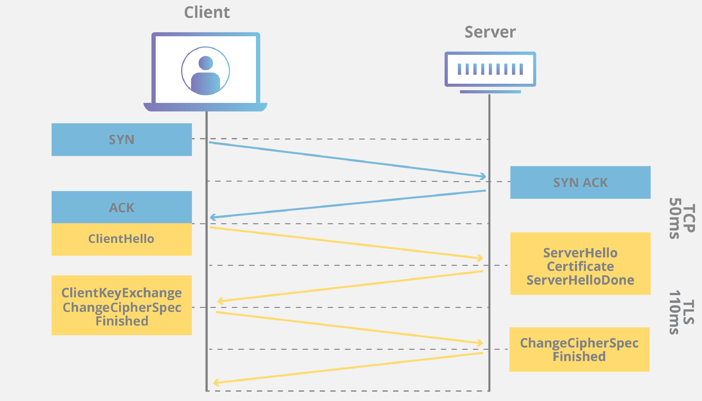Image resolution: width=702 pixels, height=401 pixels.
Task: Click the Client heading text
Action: pos(207,13)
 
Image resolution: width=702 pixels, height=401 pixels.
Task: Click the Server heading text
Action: pos(490,32)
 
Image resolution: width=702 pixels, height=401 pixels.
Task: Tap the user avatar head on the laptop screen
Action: pos(205,63)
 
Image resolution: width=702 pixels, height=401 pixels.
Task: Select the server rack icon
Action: pos(490,70)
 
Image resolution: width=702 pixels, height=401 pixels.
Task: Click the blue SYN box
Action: pos(121,140)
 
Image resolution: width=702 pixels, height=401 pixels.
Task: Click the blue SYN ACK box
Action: pos(580,183)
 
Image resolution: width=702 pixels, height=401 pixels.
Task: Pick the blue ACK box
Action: pos(121,207)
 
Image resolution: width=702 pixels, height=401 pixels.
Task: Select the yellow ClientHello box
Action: pos(121,239)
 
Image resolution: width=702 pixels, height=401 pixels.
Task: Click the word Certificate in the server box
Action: pos(580,267)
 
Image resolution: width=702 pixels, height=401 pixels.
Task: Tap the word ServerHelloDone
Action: pos(580,280)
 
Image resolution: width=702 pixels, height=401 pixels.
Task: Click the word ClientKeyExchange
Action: pos(121,293)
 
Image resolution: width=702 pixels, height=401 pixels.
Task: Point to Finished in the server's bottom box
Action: pos(579,356)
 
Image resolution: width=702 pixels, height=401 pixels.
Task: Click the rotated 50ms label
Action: pos(676,219)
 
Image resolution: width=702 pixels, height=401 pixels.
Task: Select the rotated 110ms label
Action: pos(676,312)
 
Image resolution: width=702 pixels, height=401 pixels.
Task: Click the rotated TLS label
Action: pos(689,312)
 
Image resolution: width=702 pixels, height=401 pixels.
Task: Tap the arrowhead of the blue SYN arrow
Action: pos(483,176)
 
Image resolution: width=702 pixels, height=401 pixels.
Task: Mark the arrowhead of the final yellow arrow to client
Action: pos(216,382)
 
